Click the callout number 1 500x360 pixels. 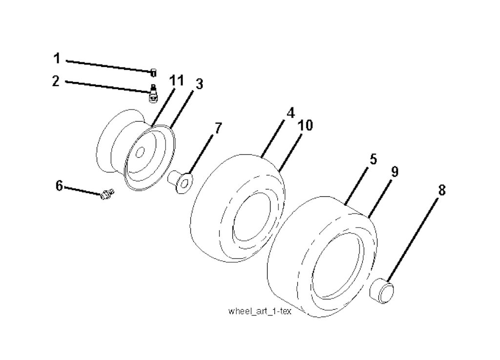pos(57,59)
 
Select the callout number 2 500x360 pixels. pos(56,81)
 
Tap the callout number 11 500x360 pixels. pos(176,81)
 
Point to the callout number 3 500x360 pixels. pos(199,84)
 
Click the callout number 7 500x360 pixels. pos(217,128)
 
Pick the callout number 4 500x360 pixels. pos(291,112)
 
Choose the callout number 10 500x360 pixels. pos(305,126)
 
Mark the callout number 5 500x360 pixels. pos(373,159)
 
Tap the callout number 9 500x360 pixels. pos(395,172)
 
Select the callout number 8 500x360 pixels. pos(441,191)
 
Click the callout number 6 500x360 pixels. pos(59,186)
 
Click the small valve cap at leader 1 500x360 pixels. pos(153,73)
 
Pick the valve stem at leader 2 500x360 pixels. pos(153,93)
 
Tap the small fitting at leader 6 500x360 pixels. pos(107,193)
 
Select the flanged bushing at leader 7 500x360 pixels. pos(181,182)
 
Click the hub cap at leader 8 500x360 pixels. pos(381,291)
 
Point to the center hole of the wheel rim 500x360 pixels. pos(140,152)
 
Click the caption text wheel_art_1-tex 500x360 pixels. pos(260,311)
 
